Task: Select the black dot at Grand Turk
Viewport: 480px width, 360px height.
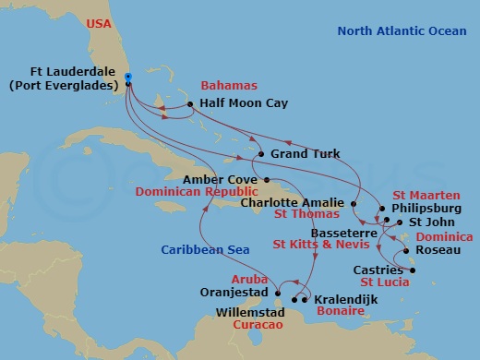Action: (261, 154)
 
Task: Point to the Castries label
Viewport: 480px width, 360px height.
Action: (378, 270)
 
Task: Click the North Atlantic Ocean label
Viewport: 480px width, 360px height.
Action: (402, 31)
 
